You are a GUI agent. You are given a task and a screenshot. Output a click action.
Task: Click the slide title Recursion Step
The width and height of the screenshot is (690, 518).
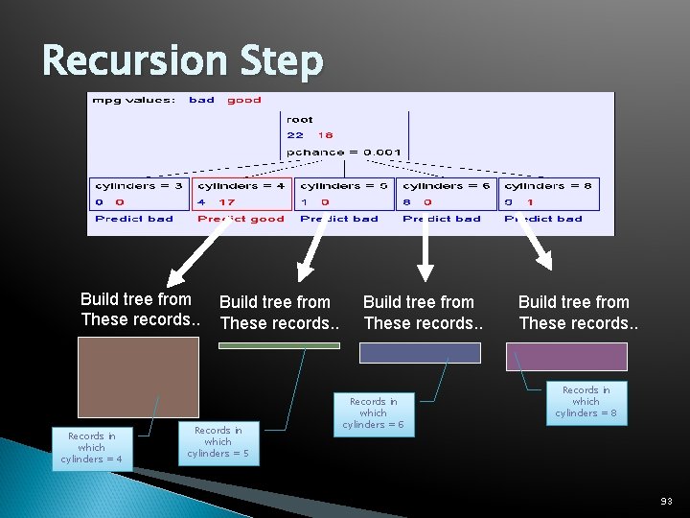[x=183, y=61]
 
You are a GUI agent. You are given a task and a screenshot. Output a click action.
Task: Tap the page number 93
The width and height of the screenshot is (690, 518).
[x=666, y=501]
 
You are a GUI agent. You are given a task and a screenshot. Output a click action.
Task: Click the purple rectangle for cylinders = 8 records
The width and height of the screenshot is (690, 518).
[x=566, y=357]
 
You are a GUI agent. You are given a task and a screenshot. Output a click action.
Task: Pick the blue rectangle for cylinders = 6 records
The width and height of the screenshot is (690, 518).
[x=420, y=353]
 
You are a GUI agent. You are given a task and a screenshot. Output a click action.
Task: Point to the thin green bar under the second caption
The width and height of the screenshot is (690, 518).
[x=279, y=345]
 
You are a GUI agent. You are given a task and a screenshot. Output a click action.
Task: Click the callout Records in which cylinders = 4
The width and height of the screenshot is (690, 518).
[x=92, y=448]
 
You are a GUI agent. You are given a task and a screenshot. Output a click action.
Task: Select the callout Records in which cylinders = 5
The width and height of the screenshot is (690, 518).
[x=218, y=442]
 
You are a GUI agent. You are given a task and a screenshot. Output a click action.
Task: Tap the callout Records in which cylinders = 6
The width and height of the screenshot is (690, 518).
[x=373, y=413]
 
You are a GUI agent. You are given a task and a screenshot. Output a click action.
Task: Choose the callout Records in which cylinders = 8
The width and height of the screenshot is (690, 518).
[x=586, y=402]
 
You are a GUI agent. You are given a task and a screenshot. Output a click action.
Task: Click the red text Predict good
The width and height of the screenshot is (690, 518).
[x=241, y=219]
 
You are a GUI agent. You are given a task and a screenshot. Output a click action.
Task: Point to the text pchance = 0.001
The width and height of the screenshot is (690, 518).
[x=343, y=153]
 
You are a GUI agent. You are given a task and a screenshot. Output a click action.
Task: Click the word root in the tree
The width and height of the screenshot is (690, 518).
[x=300, y=120]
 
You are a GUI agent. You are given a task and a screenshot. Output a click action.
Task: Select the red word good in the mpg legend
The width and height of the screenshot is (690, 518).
[x=244, y=100]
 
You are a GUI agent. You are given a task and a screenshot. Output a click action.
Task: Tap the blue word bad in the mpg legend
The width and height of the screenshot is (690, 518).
[x=201, y=100]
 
